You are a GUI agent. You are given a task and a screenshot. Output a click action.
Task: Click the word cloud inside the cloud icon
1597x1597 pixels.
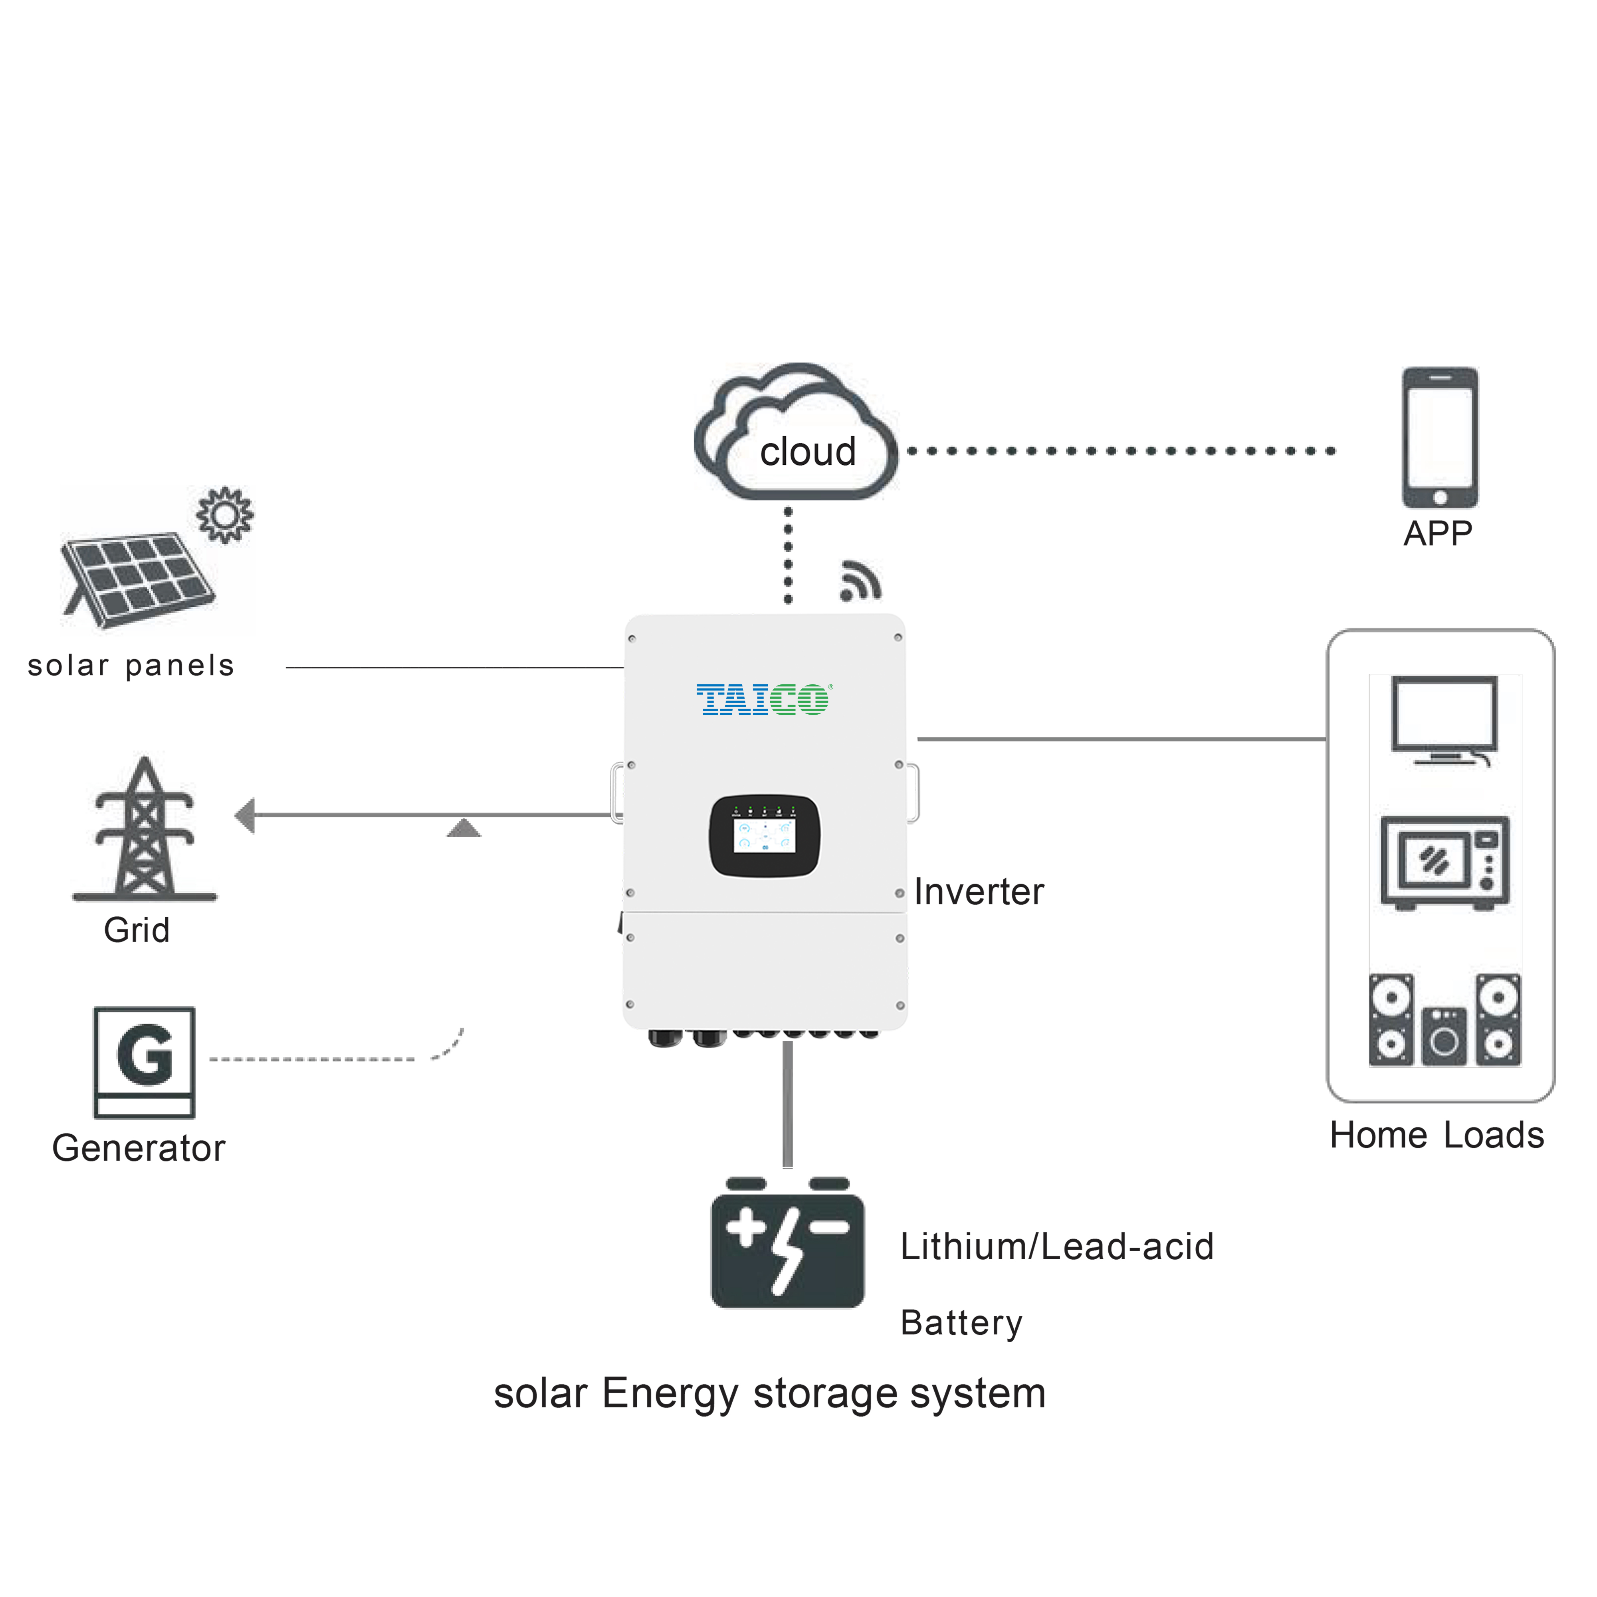tap(808, 452)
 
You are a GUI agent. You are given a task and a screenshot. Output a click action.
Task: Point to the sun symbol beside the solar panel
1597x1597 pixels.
tap(225, 515)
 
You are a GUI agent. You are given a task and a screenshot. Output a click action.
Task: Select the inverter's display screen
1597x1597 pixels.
tap(765, 836)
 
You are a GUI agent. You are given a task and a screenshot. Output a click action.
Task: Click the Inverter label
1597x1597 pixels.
tap(979, 892)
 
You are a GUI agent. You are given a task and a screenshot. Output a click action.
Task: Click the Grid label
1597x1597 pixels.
tap(137, 930)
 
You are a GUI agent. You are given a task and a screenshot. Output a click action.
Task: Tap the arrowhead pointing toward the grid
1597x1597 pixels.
tap(245, 816)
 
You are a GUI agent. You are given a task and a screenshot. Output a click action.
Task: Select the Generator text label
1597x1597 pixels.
tap(138, 1148)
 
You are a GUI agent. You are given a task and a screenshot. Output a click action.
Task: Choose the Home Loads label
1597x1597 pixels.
tap(1437, 1135)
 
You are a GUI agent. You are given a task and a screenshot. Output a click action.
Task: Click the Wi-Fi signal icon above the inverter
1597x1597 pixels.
tap(860, 581)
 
